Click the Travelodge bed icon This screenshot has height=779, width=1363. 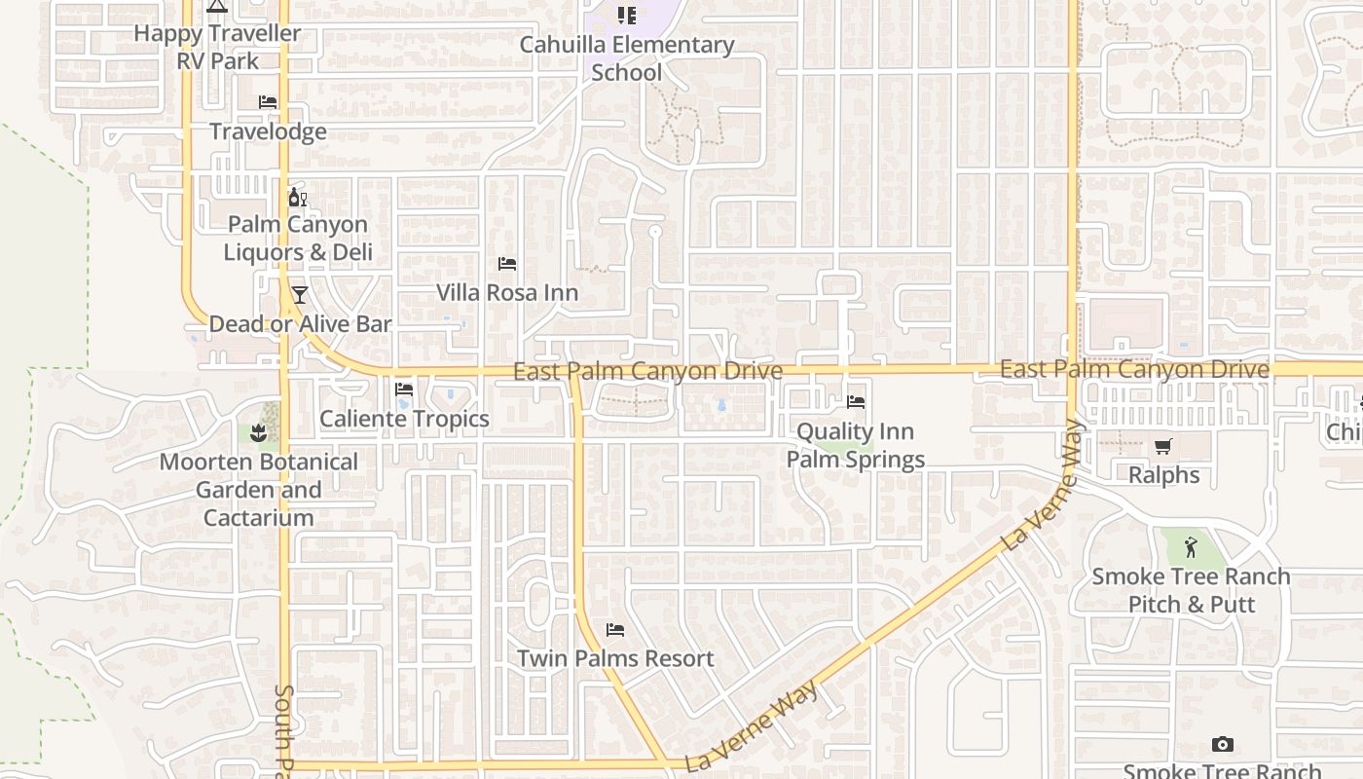(268, 102)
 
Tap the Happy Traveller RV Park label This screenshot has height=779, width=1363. (217, 47)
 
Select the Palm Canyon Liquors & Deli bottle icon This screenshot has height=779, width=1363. (297, 197)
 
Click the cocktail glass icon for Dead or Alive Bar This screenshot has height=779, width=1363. (299, 295)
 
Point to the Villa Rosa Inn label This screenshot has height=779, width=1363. (506, 292)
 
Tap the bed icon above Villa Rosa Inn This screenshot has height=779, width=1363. (506, 264)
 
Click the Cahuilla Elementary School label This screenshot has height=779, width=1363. (627, 58)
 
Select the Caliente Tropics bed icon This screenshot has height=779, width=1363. (404, 389)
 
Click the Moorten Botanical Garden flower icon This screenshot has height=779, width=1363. (258, 432)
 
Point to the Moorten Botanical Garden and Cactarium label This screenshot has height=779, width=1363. (258, 489)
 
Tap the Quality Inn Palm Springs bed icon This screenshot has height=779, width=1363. (856, 401)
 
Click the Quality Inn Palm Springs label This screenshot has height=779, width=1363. (856, 445)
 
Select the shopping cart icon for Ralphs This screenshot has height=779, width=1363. (1162, 447)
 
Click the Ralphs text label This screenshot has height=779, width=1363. (1163, 475)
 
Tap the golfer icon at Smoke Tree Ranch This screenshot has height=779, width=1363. (1190, 547)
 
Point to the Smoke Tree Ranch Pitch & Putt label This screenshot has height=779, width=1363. (1191, 590)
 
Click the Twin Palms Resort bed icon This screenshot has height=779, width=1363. (614, 630)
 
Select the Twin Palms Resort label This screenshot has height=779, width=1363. (615, 658)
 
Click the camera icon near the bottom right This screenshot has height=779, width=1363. (1222, 745)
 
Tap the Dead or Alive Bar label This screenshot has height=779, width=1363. (300, 324)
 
